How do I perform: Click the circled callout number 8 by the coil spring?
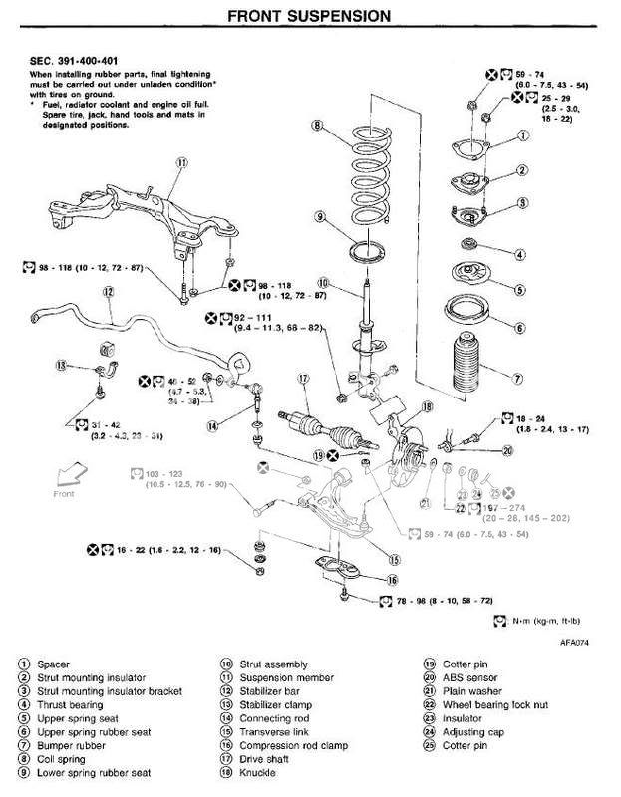click(x=316, y=126)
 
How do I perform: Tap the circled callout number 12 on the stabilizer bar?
click(x=108, y=292)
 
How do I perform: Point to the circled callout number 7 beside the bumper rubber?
click(x=518, y=379)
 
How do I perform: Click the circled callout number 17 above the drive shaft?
click(x=304, y=379)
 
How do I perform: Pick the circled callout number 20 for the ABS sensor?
click(x=507, y=449)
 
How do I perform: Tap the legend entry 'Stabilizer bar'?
click(x=264, y=689)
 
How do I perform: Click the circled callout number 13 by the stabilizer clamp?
click(x=61, y=366)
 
